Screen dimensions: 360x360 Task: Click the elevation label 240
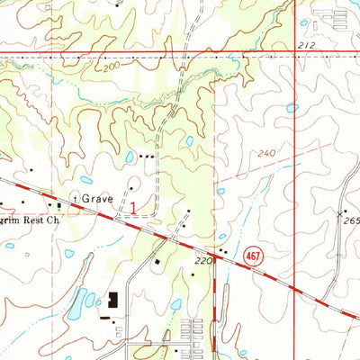(x=265, y=154)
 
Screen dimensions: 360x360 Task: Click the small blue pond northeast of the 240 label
(x=291, y=108)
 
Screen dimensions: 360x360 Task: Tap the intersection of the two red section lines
(x=295, y=55)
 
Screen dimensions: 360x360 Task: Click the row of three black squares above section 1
(x=147, y=156)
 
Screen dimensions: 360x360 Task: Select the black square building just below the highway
(x=157, y=262)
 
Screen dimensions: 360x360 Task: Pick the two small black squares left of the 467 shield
(x=222, y=250)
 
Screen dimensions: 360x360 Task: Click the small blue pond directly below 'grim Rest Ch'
(x=69, y=254)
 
